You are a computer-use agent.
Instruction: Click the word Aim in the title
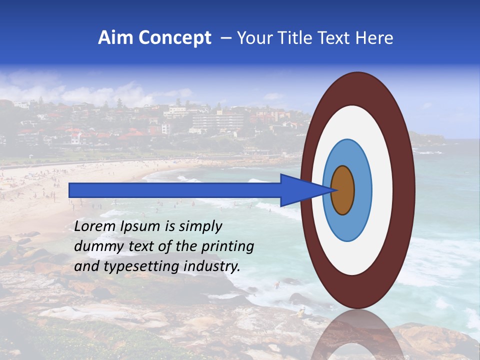coord(115,38)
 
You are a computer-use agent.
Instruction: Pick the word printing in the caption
coord(227,247)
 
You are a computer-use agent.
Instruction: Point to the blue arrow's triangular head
coord(300,190)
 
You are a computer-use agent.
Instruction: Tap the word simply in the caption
coord(200,226)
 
